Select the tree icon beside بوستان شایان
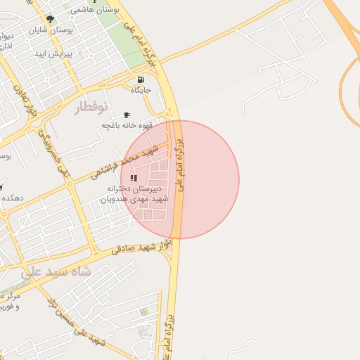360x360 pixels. (49, 19)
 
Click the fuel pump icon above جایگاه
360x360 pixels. (141, 79)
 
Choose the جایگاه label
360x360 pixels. (141, 90)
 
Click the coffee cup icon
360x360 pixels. (127, 115)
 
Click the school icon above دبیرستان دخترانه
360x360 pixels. (134, 178)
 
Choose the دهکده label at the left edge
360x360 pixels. (11, 198)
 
